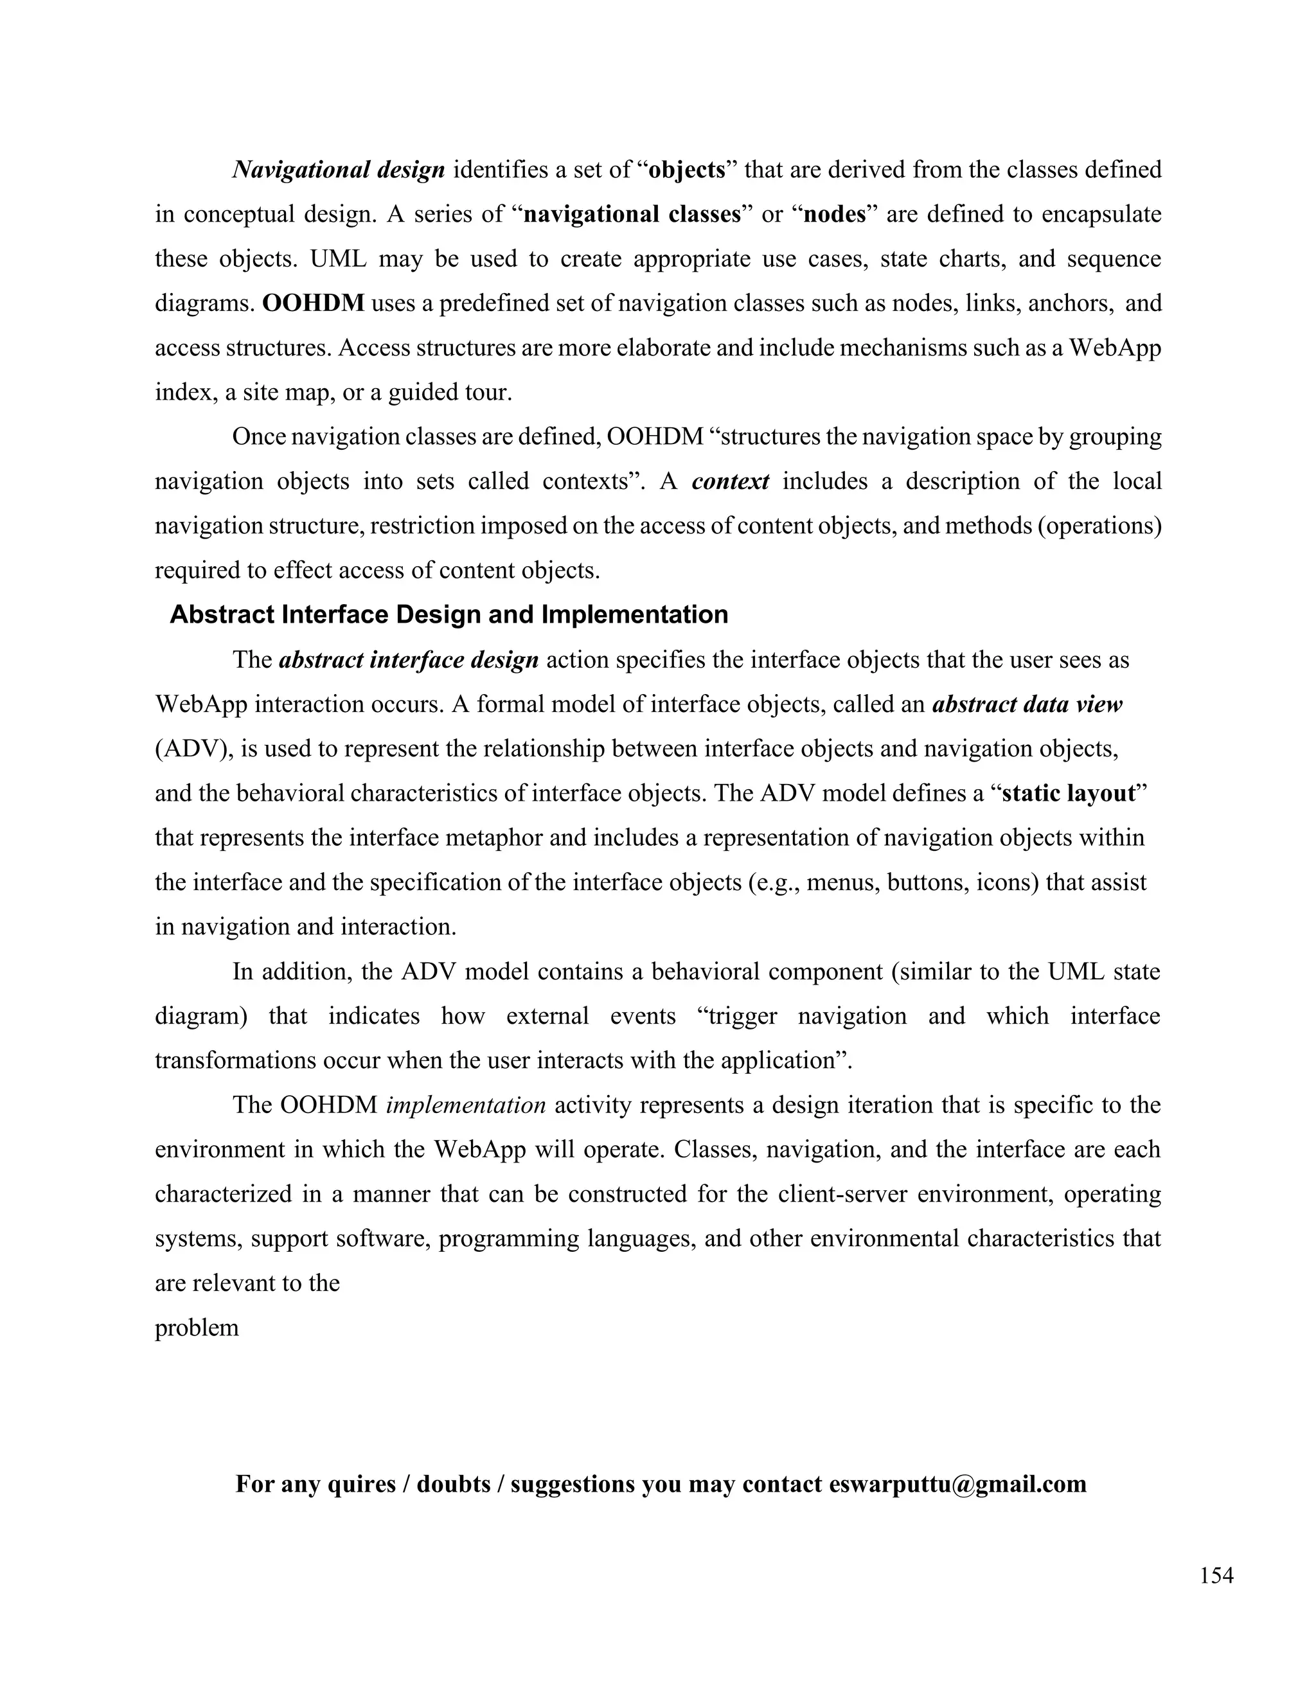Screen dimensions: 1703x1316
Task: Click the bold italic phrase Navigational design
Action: point(339,170)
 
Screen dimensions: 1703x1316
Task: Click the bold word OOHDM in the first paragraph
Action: point(314,303)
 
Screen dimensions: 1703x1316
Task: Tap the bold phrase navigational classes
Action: point(632,215)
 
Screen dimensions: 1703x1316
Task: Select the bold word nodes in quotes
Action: point(834,215)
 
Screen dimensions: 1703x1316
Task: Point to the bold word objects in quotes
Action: point(687,170)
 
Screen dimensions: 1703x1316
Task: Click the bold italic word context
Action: point(730,481)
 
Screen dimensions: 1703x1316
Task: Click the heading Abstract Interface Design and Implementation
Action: point(449,614)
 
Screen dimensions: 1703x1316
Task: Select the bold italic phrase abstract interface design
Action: point(409,660)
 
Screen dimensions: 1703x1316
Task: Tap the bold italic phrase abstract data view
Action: point(1027,704)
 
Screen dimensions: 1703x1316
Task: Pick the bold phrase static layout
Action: point(1068,793)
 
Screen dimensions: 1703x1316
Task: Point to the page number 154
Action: point(1216,1576)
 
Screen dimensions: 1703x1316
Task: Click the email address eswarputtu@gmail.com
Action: point(957,1483)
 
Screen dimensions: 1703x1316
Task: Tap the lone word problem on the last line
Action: point(197,1327)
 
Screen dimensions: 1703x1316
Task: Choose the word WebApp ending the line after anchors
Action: point(1114,348)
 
